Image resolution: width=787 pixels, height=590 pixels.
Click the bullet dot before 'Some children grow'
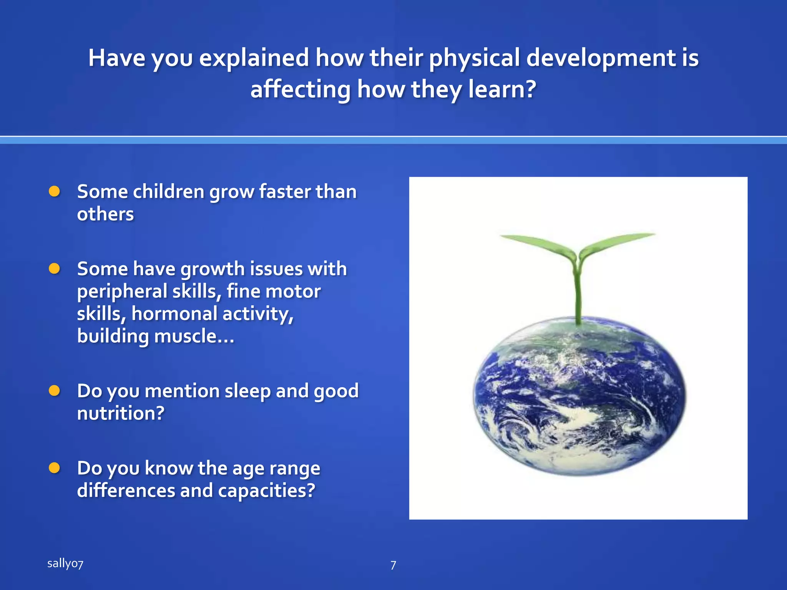(55, 191)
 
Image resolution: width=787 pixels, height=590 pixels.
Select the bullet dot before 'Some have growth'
(55, 268)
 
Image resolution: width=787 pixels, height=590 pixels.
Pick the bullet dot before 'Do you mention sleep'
(55, 391)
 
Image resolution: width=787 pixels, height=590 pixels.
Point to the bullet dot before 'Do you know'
(55, 468)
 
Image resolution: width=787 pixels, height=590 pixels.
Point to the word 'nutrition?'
(121, 413)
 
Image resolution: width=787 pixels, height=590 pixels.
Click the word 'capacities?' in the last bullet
(267, 491)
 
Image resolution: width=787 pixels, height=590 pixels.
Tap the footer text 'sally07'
(65, 563)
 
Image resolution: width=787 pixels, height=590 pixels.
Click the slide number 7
(393, 565)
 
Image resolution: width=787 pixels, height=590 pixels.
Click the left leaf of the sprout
(538, 244)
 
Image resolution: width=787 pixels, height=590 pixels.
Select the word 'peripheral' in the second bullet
(122, 291)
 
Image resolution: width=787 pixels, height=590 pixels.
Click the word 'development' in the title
(601, 58)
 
